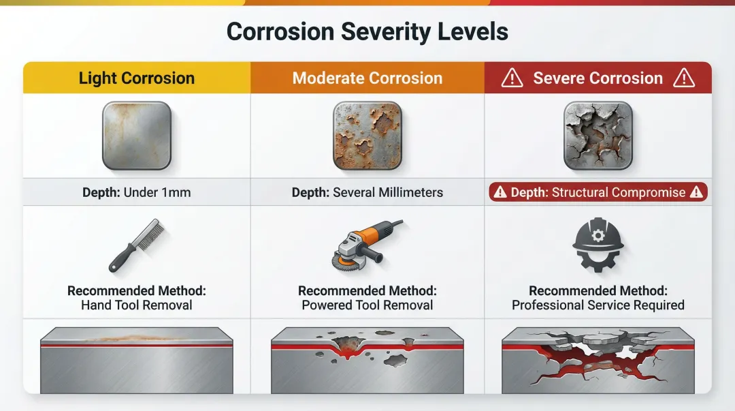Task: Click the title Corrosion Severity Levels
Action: [367, 32]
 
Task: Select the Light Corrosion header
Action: [136, 78]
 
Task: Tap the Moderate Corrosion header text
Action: [367, 78]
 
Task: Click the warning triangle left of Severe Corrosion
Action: [512, 78]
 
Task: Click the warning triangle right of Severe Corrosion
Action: [684, 78]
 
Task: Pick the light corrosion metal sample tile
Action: [136, 135]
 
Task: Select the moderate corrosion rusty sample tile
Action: [367, 135]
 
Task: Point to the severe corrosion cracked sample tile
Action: [598, 135]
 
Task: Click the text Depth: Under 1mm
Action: [136, 193]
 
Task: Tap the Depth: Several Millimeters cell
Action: [367, 193]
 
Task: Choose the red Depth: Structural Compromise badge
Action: [598, 192]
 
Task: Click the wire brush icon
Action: [136, 245]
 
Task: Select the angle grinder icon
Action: [367, 245]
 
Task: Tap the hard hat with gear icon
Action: [598, 245]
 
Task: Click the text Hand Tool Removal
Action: [136, 305]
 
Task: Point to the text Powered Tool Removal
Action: [367, 305]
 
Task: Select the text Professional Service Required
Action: [598, 305]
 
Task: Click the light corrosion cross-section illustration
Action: [136, 361]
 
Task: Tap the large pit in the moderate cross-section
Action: [347, 346]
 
